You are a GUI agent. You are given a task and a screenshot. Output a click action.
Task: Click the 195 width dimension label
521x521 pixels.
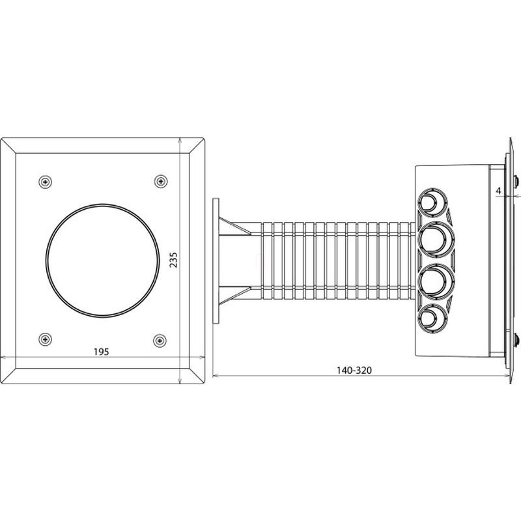coord(102,352)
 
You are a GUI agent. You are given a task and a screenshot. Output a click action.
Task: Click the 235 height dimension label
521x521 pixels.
coord(174,260)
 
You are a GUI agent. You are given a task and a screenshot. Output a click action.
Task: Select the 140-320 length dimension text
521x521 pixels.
coord(354,370)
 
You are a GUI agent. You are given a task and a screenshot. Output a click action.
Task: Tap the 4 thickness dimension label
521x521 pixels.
coord(498,191)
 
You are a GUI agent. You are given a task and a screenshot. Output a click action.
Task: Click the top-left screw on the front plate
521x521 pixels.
coord(45,182)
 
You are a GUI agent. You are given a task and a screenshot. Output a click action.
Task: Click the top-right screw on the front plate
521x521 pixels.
coord(161,181)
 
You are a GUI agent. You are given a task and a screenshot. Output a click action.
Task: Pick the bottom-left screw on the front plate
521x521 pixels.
coord(45,339)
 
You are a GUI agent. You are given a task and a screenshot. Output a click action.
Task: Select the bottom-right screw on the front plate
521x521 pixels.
coord(160,341)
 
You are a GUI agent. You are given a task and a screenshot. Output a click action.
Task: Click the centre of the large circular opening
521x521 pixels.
coord(102,260)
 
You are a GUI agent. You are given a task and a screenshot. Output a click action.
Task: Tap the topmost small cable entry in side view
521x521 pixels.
coord(432,202)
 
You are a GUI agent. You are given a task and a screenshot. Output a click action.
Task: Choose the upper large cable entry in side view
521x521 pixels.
coord(436,239)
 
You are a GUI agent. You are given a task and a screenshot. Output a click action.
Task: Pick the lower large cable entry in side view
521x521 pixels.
coord(436,281)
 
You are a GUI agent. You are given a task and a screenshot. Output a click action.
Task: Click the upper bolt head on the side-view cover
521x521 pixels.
coord(516,181)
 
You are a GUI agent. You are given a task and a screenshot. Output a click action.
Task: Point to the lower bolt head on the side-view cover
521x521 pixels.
coord(516,340)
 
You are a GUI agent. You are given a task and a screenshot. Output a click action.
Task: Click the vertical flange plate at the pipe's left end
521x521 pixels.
coord(216,261)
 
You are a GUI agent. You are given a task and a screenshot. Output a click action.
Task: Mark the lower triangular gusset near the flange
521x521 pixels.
coord(235,295)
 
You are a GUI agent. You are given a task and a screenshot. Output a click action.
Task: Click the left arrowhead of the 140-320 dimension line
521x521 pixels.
coord(215,376)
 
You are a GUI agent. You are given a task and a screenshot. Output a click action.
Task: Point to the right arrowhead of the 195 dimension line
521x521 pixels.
coord(202,358)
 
